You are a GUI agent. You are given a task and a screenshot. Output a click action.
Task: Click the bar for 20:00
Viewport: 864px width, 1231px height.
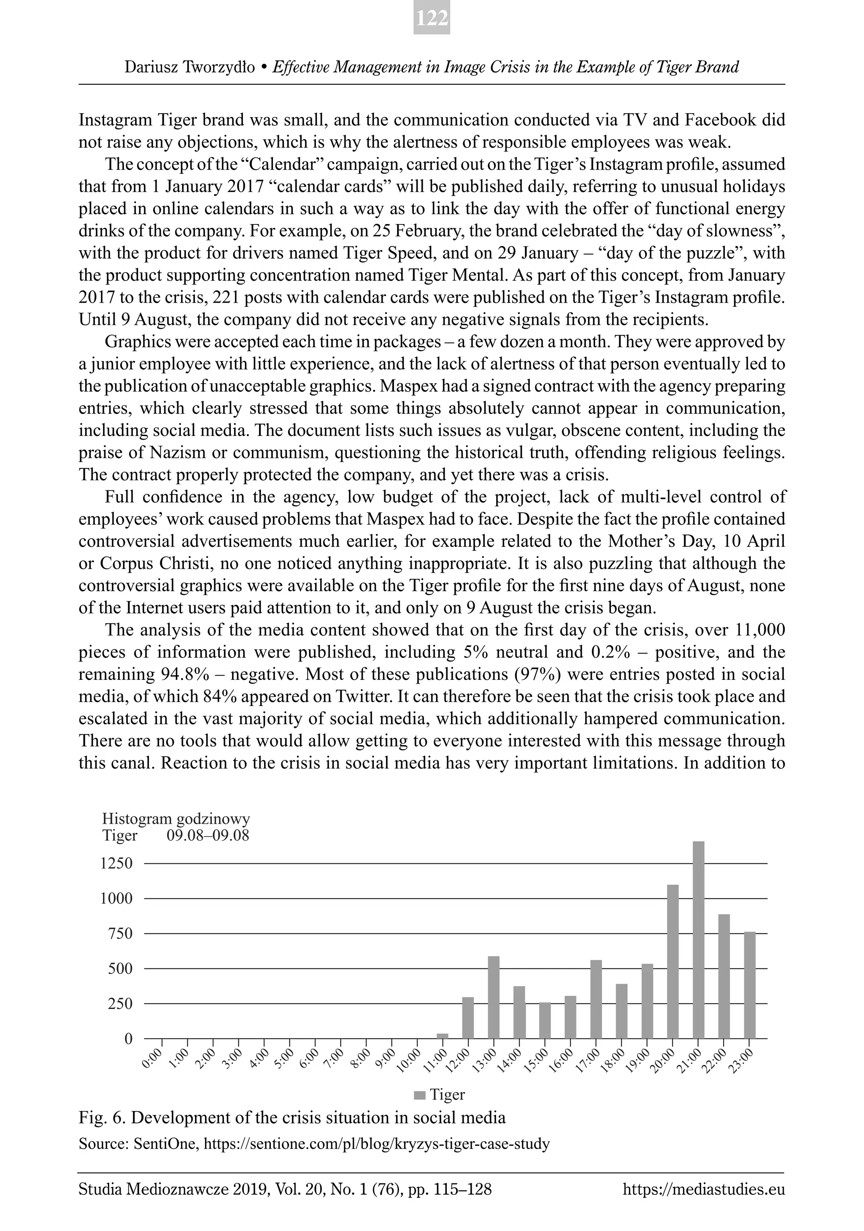[672, 961]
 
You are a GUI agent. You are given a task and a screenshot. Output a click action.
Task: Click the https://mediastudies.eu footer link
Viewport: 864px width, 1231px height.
[704, 1190]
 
